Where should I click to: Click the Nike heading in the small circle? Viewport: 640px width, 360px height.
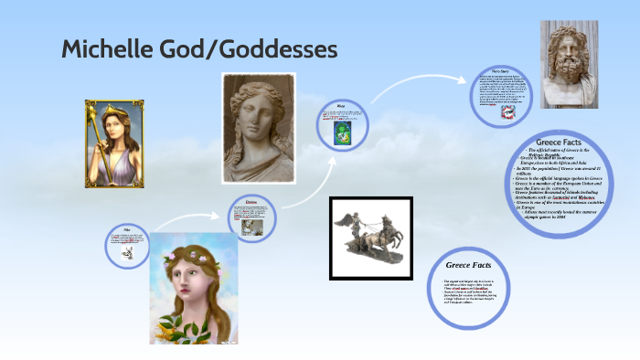point(128,228)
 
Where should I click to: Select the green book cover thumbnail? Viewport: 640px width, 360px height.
point(342,133)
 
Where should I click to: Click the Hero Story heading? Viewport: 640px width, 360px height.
point(499,69)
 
